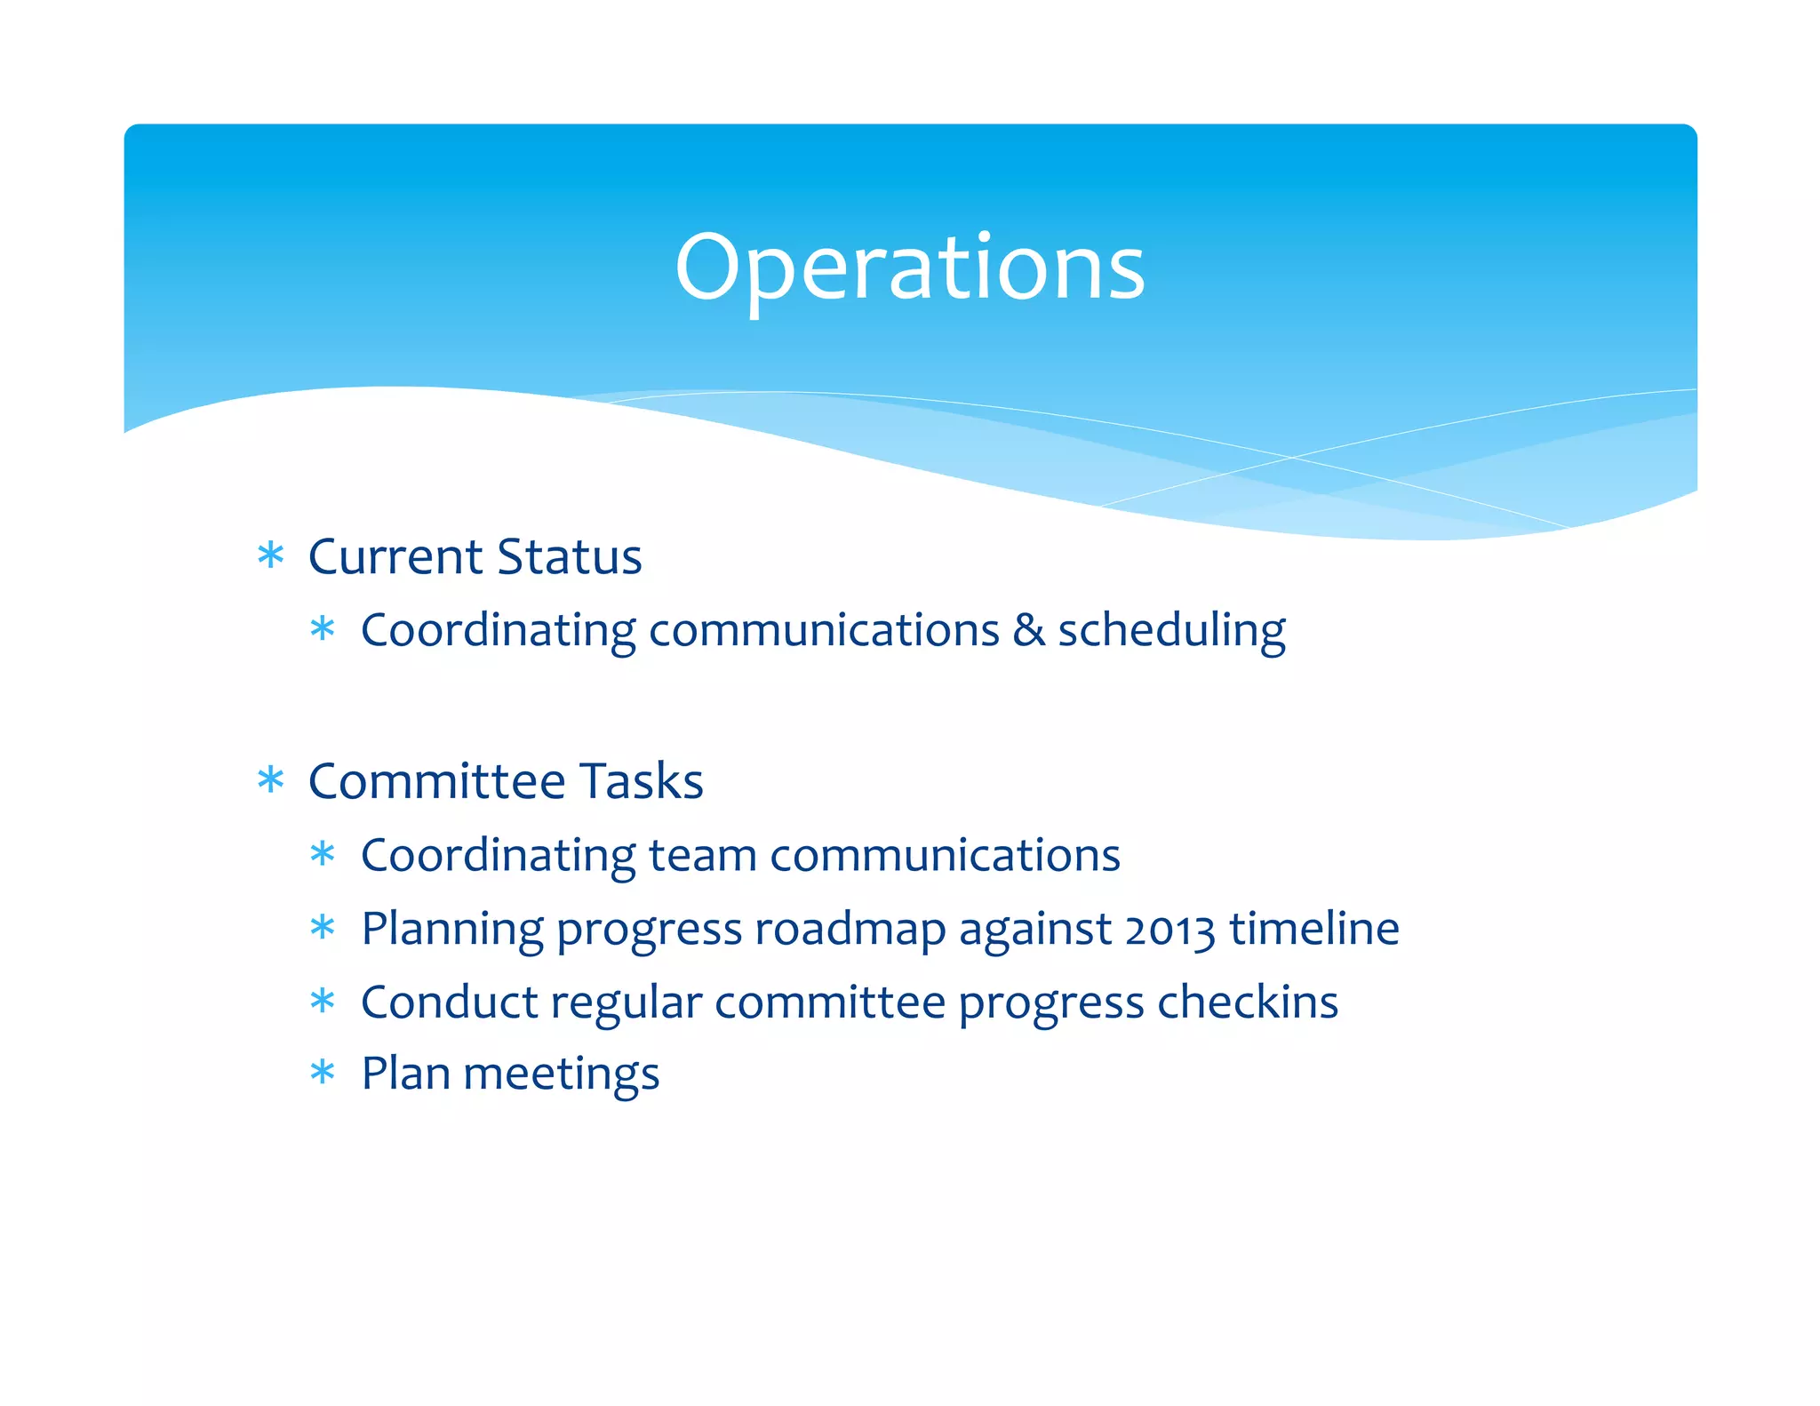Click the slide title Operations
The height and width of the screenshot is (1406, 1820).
click(909, 267)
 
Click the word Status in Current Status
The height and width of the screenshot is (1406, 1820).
click(569, 557)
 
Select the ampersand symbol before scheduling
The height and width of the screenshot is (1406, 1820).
click(1028, 630)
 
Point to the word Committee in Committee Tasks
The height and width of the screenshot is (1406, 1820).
click(436, 781)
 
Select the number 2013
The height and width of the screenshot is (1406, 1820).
click(1169, 930)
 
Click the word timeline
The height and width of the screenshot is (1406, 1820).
click(1314, 929)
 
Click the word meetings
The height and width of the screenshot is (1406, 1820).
click(561, 1074)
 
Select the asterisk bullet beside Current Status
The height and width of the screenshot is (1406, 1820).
click(270, 556)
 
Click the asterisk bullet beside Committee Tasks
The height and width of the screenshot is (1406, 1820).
click(270, 781)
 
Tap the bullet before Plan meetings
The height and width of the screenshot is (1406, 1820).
click(323, 1073)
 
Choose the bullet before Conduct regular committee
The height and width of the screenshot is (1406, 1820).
click(323, 1002)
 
